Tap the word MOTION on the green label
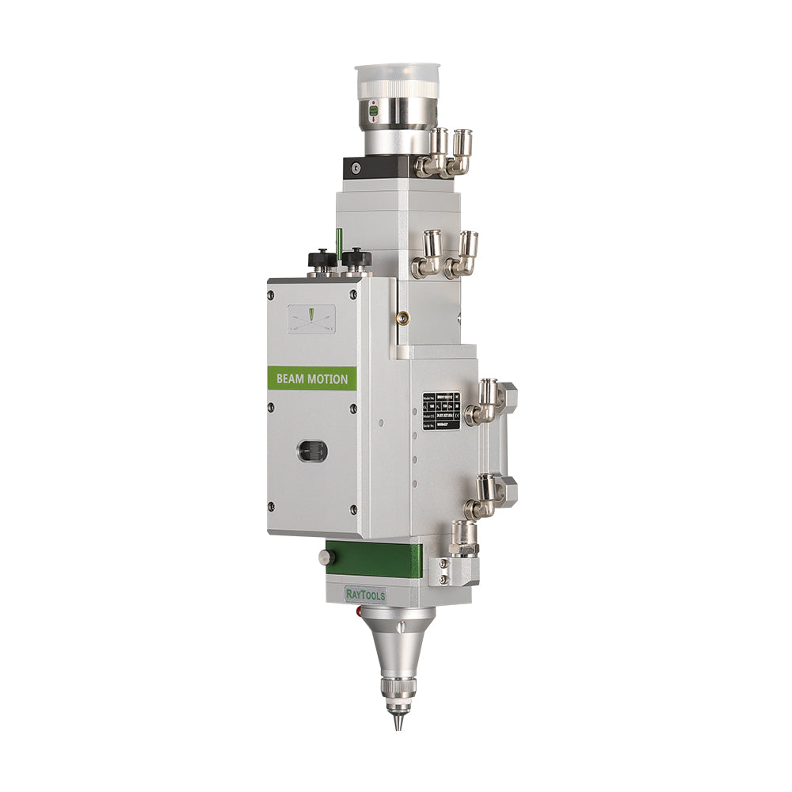(327, 379)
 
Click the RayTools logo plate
(364, 594)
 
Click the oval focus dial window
(312, 451)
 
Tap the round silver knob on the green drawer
(324, 557)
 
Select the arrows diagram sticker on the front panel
(311, 318)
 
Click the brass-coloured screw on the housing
(402, 318)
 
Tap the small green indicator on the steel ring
(373, 112)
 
